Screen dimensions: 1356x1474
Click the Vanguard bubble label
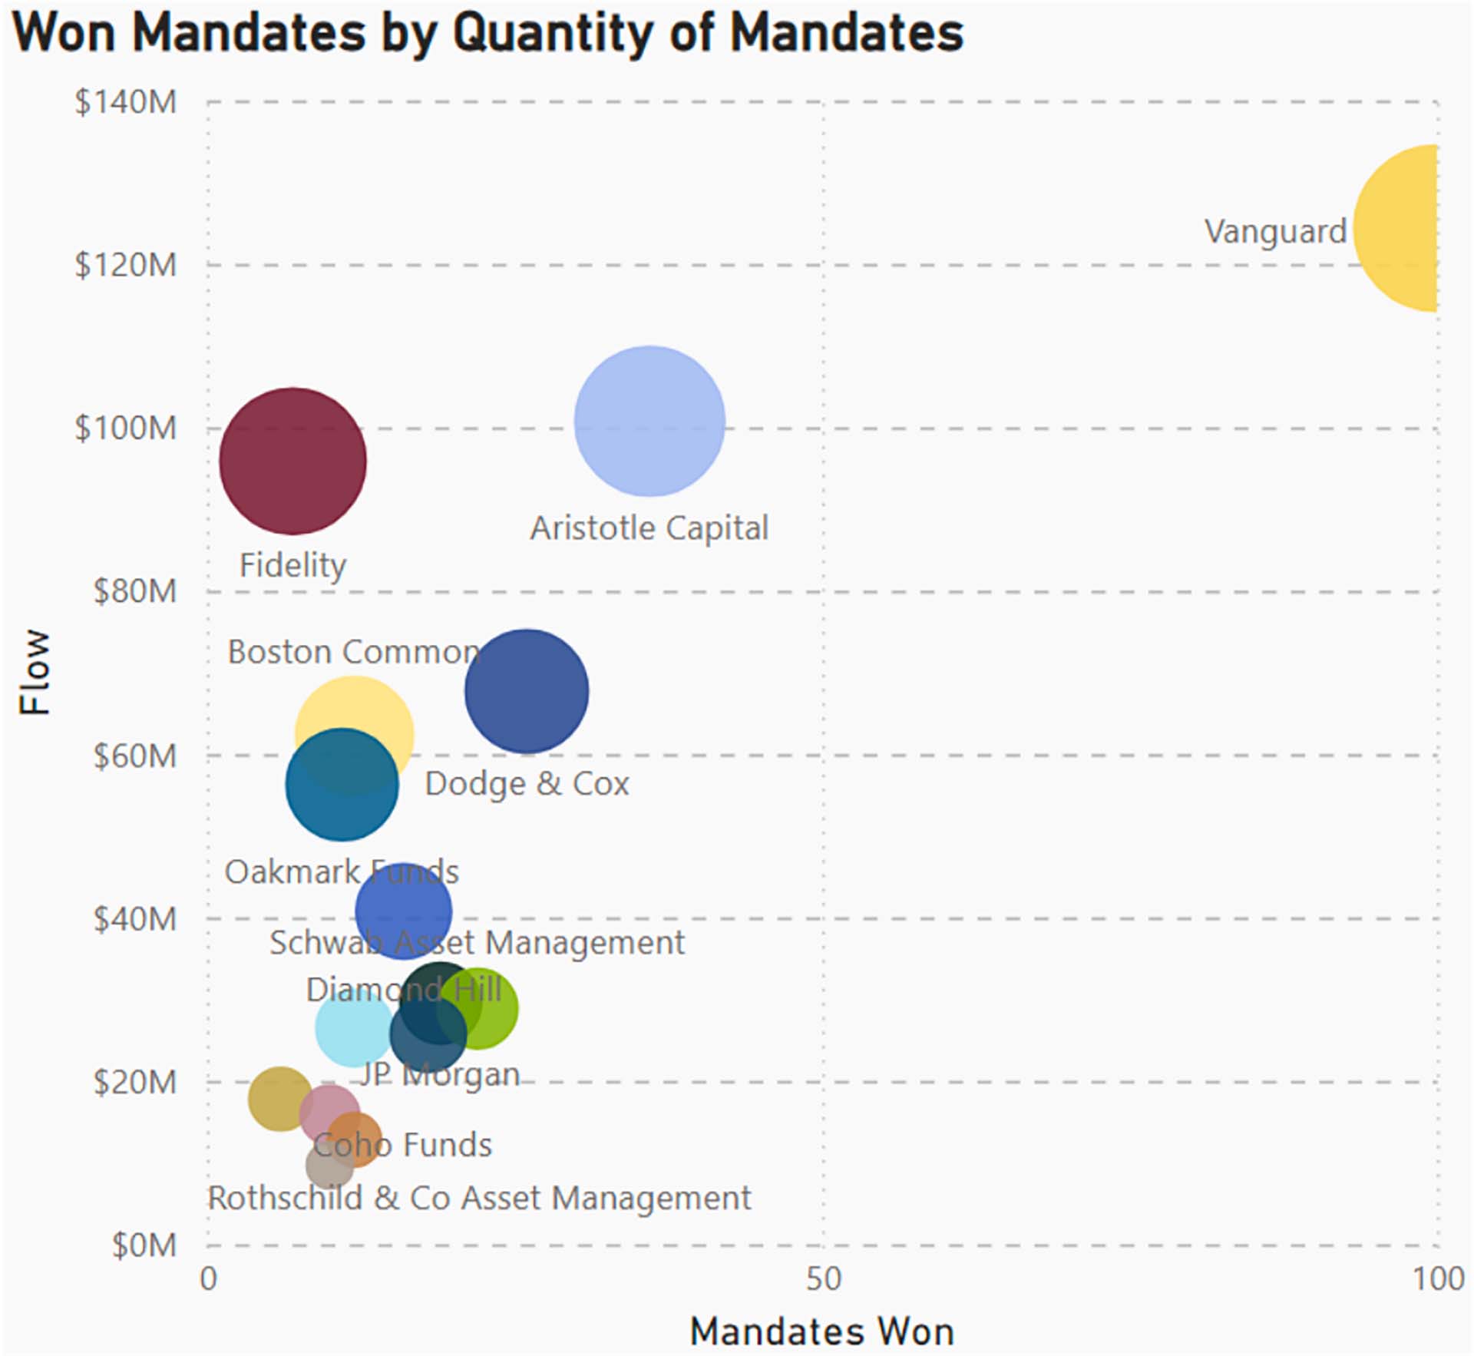[x=1275, y=232]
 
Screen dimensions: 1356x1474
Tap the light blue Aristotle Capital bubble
[x=649, y=422]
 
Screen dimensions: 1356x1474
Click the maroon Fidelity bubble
[x=292, y=461]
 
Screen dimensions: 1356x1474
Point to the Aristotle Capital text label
[x=649, y=528]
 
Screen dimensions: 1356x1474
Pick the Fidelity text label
[x=292, y=566]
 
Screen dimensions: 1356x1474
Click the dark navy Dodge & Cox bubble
[x=527, y=691]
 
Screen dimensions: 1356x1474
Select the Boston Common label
[x=354, y=652]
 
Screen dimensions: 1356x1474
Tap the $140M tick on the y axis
[x=125, y=102]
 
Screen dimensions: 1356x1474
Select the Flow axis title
[x=35, y=672]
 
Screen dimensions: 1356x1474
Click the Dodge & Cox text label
[x=527, y=784]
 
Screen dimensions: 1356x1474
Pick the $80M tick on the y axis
[x=134, y=592]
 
